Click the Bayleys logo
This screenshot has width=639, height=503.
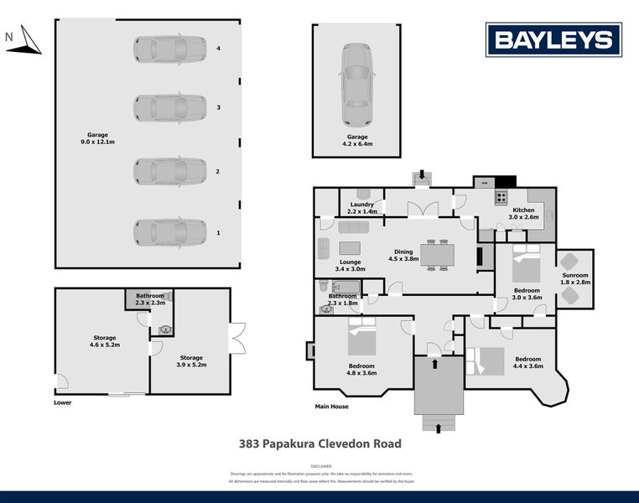tap(553, 39)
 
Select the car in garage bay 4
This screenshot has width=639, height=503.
tap(169, 49)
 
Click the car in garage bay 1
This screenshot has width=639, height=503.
tap(169, 232)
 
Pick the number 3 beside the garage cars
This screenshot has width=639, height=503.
tap(218, 107)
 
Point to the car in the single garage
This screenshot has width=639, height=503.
tap(356, 84)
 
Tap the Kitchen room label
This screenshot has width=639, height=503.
tap(523, 213)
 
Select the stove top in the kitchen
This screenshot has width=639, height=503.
tap(501, 198)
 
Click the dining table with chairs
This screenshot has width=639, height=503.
tap(436, 254)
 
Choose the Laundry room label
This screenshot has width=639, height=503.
tap(363, 208)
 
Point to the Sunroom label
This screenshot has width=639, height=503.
tap(575, 279)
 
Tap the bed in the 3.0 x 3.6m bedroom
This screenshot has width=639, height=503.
tap(527, 267)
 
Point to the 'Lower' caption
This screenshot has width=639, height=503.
tap(62, 402)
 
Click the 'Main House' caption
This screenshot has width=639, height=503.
tap(331, 407)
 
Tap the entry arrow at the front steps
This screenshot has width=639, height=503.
tap(439, 428)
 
